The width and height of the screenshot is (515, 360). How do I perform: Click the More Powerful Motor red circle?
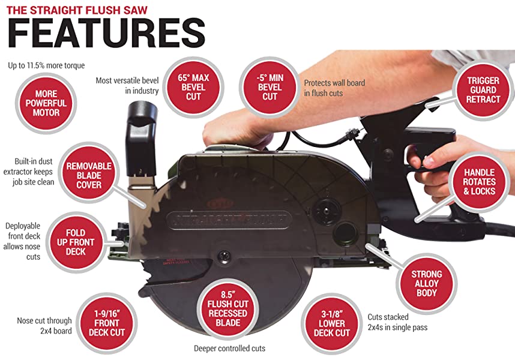click(x=46, y=103)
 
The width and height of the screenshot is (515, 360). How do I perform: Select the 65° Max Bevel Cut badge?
click(x=193, y=87)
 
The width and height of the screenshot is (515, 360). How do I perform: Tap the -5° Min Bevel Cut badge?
click(x=270, y=87)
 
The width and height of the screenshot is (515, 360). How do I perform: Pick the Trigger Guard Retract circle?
click(x=483, y=90)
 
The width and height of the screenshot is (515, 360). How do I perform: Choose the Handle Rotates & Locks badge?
click(x=479, y=182)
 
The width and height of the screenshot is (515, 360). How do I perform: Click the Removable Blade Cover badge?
click(x=89, y=175)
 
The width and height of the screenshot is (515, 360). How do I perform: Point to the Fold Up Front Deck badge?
click(x=76, y=242)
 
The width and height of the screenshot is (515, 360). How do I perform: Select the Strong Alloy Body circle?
click(x=426, y=284)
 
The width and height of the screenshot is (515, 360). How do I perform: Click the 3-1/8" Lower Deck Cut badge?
click(x=332, y=323)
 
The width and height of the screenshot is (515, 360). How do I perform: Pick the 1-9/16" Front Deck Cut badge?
click(x=107, y=323)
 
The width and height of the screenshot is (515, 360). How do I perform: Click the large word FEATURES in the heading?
click(x=106, y=34)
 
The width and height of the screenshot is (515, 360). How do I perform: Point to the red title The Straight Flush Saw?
click(x=77, y=10)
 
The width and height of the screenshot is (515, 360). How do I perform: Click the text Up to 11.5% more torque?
click(x=46, y=65)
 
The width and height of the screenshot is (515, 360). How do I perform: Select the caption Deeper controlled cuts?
click(x=229, y=349)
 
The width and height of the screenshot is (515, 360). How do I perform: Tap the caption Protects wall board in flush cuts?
click(x=334, y=88)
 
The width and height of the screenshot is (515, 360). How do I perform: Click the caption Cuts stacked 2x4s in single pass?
click(x=397, y=322)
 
